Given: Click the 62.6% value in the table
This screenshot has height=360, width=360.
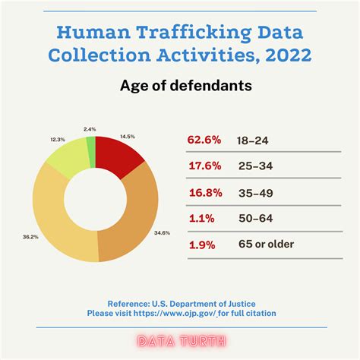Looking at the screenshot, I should click(x=204, y=140).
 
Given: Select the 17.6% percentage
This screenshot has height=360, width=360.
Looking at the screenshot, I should click(x=204, y=166).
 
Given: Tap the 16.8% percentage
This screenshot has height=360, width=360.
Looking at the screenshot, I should click(x=204, y=191).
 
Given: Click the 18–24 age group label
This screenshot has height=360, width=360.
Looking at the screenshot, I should click(x=255, y=140).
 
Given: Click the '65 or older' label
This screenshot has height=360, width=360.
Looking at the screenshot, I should click(x=266, y=244).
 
